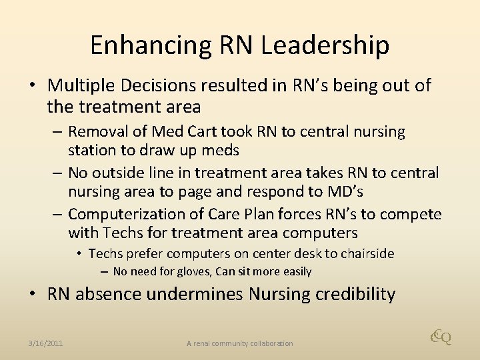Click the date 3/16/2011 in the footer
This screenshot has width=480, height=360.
[x=45, y=343]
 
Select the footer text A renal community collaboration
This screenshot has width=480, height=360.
[x=239, y=343]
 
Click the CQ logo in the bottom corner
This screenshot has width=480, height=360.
[x=441, y=337]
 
